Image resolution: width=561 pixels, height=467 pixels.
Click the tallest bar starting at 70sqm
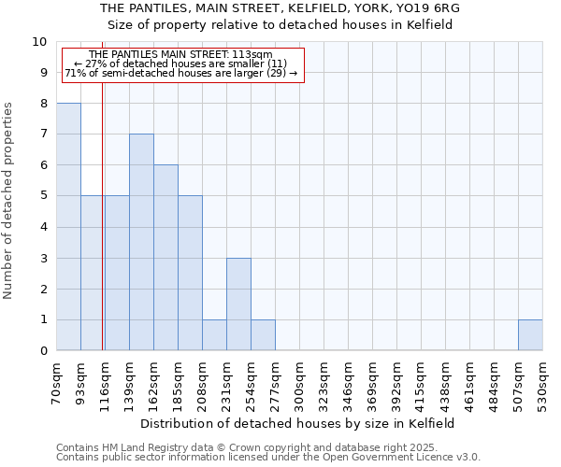point(68,227)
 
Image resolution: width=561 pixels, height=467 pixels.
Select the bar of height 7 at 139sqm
point(141,242)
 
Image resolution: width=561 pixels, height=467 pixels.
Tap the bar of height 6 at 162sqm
point(165,258)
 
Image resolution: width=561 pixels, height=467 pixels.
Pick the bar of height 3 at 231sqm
point(238,304)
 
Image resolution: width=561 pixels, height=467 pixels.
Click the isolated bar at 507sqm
point(530,335)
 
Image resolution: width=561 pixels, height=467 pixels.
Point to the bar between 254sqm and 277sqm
point(263,335)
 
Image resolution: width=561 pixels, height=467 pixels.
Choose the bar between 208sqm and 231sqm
point(214,335)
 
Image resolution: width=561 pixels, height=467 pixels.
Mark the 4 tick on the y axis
point(43,227)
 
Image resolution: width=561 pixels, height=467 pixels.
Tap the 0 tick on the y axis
point(43,351)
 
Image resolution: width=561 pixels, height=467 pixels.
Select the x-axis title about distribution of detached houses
point(299,423)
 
